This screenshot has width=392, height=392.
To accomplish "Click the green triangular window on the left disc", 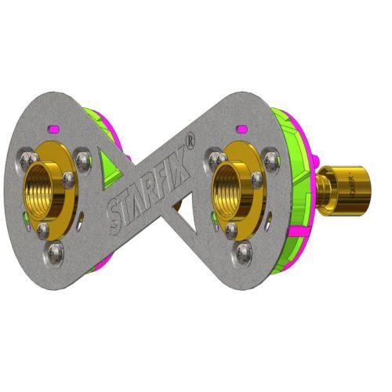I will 109,165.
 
